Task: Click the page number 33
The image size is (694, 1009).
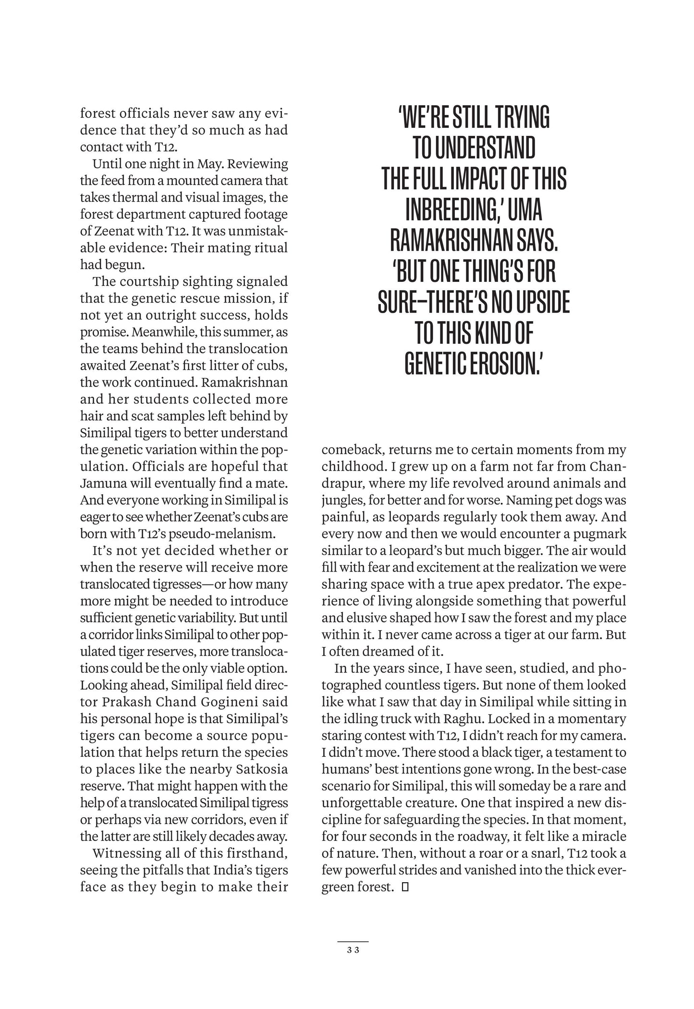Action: [353, 949]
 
